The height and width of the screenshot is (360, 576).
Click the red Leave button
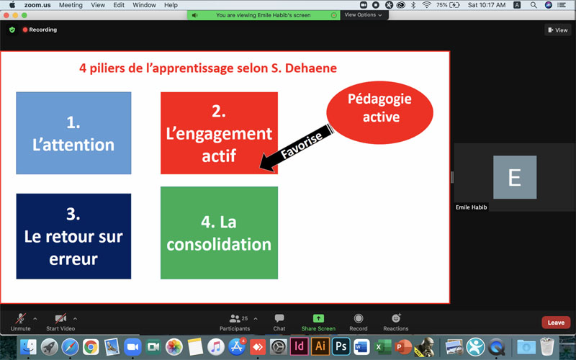[x=556, y=323]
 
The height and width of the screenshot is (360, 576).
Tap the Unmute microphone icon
[x=21, y=318]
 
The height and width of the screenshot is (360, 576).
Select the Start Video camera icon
[x=60, y=318]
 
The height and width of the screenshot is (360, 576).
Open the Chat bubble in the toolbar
[x=279, y=318]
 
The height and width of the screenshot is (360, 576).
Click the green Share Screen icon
[x=318, y=318]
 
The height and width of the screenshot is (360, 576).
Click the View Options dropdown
[x=364, y=15]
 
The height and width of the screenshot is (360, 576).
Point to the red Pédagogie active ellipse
[x=380, y=112]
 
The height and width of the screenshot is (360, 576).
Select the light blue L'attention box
[x=73, y=133]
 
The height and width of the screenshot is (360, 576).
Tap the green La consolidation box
[x=219, y=233]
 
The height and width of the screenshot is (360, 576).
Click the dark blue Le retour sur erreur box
[x=73, y=236]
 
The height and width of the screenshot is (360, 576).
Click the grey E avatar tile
[x=515, y=177]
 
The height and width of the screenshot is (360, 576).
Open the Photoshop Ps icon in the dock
[x=341, y=346]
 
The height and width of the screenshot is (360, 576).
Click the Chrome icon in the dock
[x=91, y=347]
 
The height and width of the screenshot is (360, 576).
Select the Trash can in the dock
[x=547, y=346]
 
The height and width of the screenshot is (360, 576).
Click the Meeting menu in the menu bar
[x=71, y=5]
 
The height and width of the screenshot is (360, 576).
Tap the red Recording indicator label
[x=40, y=30]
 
